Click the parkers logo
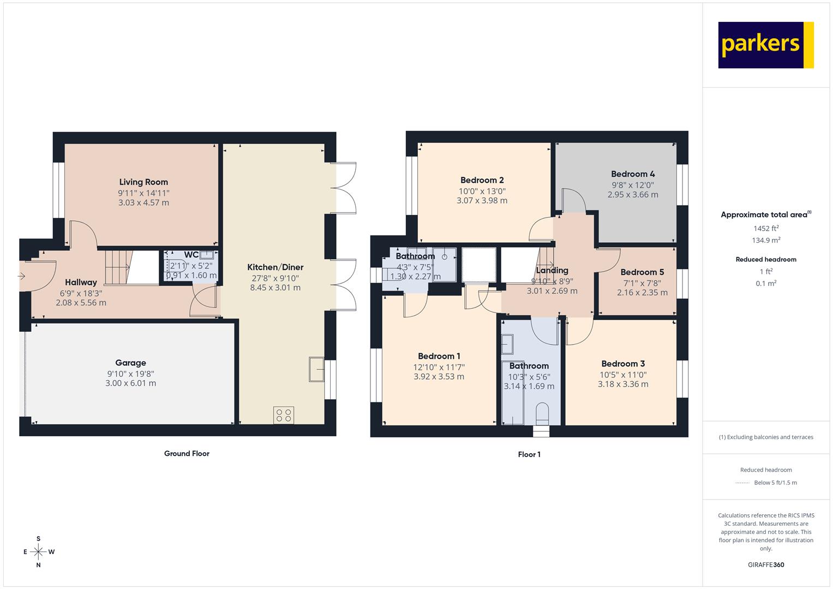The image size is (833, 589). click(x=766, y=45)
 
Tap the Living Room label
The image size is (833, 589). click(x=143, y=182)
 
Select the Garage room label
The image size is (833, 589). click(x=130, y=363)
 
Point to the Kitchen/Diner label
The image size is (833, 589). click(x=275, y=267)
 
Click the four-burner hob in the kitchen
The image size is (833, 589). click(x=284, y=415)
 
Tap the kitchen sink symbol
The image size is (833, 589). click(x=316, y=369)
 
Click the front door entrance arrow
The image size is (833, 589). click(x=21, y=276)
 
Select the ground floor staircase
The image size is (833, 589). click(x=118, y=267)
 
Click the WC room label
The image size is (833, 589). click(x=191, y=255)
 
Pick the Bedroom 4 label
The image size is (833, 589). click(x=633, y=174)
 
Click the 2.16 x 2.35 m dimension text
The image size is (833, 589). click(x=642, y=293)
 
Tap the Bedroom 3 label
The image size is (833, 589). click(x=624, y=364)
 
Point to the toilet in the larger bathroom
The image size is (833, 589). click(x=543, y=413)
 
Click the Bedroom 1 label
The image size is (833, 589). click(x=439, y=356)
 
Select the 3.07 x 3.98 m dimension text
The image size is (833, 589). click(x=482, y=201)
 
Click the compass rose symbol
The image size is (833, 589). click(x=38, y=552)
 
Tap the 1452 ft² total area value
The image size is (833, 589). click(x=766, y=229)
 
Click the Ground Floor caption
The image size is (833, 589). click(x=187, y=454)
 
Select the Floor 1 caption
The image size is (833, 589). click(x=529, y=454)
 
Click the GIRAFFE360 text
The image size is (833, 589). click(x=766, y=565)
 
